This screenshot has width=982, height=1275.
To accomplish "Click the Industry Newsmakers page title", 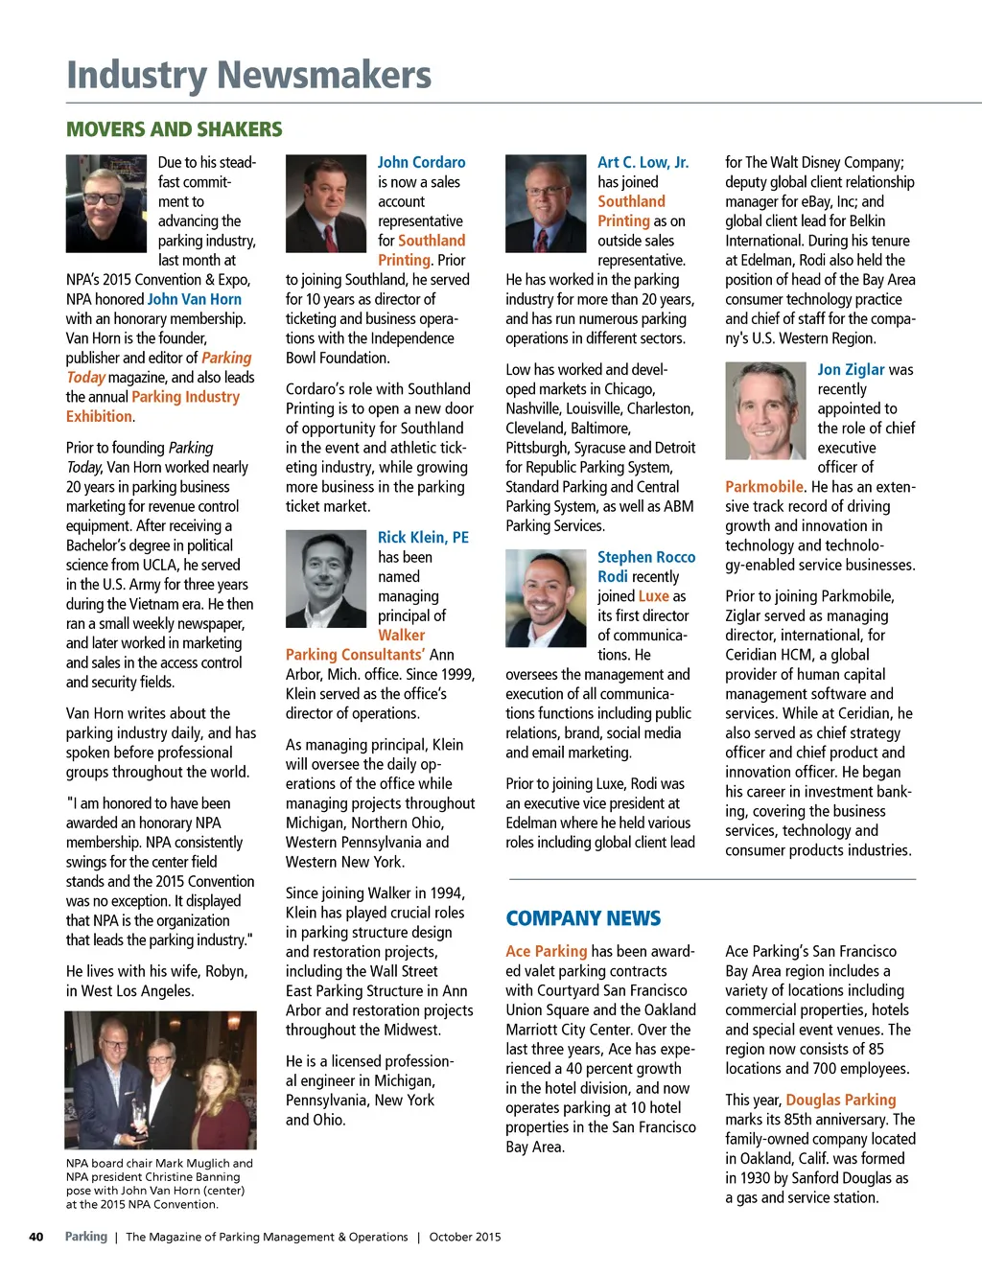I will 248,75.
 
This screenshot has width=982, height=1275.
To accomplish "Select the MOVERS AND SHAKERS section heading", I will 174,129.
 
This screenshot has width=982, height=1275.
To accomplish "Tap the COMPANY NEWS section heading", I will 583,918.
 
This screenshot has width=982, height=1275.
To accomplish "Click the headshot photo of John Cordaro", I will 326,203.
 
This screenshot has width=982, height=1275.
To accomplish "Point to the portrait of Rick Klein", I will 326,578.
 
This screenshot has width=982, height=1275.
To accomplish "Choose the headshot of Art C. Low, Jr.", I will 546,203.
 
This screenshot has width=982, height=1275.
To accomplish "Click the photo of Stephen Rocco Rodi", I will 546,597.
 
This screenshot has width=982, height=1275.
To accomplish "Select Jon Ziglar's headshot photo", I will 765,410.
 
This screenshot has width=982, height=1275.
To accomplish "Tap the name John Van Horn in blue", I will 194,299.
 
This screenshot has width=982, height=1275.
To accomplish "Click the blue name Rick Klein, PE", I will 423,538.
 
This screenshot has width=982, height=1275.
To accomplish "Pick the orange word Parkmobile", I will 764,487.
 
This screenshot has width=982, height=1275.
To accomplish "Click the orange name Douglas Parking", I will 841,1100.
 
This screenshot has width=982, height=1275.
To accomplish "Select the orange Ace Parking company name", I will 546,951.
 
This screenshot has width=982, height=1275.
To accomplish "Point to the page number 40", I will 36,1237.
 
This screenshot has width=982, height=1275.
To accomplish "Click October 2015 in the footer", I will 465,1237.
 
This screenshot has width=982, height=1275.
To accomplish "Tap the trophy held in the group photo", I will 140,1114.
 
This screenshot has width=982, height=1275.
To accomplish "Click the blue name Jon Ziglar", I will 851,370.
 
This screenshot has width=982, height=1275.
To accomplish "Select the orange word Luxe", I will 654,596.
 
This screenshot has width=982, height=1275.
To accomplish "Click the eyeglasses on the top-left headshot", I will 104,198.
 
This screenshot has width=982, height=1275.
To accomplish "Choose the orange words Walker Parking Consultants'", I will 355,645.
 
